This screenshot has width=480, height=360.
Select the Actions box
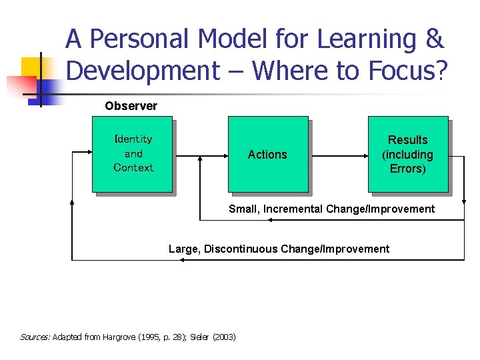[267, 154]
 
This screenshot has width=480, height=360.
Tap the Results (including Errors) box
[407, 154]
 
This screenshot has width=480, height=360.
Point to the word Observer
[131, 106]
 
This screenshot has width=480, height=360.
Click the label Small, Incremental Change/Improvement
[331, 209]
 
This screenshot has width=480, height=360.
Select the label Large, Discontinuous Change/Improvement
[279, 249]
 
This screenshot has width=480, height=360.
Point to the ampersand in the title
[433, 40]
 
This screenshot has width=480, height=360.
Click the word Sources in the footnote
[35, 337]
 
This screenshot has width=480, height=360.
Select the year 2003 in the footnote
[223, 337]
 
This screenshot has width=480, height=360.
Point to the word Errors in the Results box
[407, 169]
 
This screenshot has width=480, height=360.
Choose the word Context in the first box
[133, 168]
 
